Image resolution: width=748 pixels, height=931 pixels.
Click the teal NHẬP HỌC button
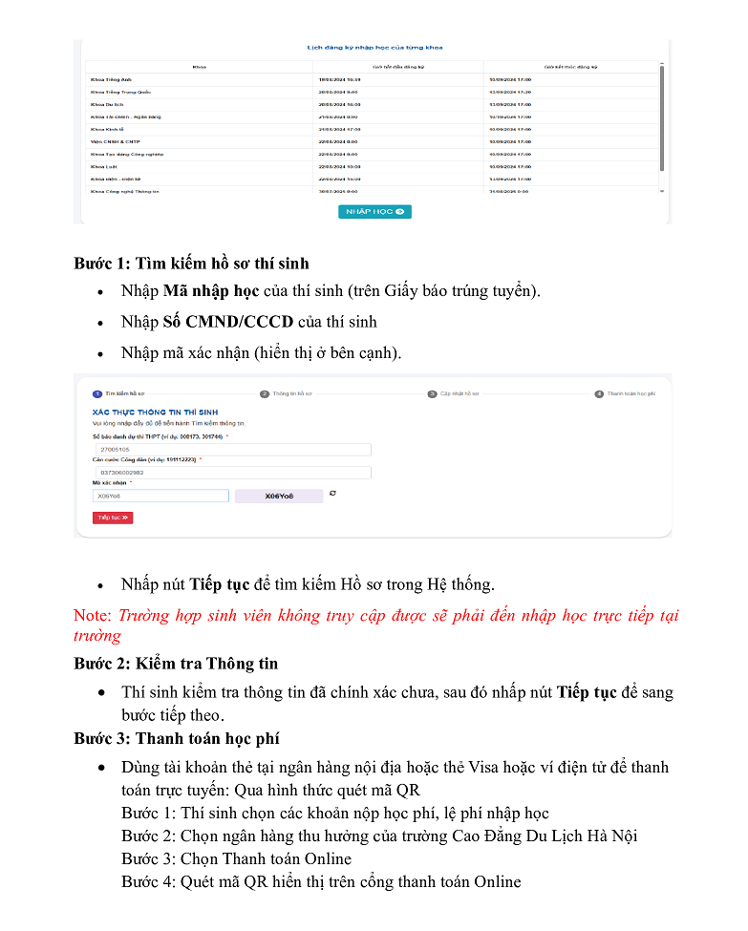[x=374, y=212]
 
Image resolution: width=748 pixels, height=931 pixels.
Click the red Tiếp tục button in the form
[x=113, y=518]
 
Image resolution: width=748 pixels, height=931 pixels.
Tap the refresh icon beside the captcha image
[x=332, y=494]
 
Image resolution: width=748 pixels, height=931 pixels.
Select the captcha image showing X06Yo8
[x=279, y=497]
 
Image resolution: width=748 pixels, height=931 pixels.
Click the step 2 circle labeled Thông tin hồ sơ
[x=265, y=393]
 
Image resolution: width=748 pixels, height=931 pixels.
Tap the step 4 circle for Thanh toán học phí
[x=599, y=393]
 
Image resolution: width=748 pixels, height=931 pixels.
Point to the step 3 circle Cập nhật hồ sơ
[x=432, y=393]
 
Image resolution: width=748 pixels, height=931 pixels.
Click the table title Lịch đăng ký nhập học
[x=374, y=48]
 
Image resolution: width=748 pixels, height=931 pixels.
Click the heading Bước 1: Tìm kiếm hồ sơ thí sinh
[x=191, y=263]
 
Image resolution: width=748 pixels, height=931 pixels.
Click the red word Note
[x=93, y=616]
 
